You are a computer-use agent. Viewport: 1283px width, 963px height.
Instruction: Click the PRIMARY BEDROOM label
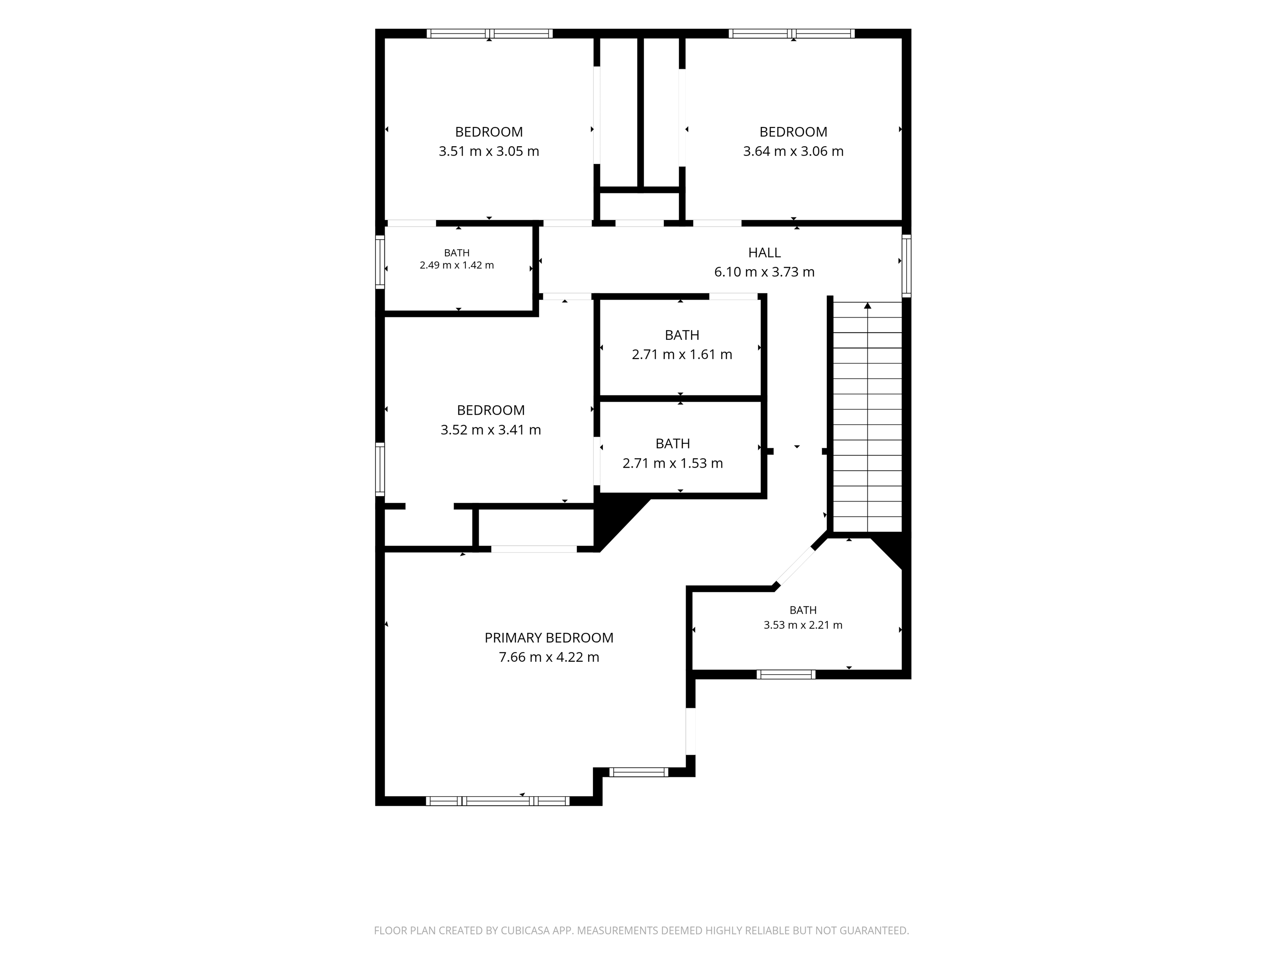(549, 637)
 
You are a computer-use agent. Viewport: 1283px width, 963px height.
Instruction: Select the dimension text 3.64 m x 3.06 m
(793, 151)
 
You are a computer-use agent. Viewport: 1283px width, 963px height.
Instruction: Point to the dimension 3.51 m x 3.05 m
(488, 151)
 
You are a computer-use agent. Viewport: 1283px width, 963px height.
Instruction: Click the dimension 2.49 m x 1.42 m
(457, 265)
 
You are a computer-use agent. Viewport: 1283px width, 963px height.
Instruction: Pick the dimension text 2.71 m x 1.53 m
(672, 464)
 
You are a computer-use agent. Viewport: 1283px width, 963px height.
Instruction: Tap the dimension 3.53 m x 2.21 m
(803, 625)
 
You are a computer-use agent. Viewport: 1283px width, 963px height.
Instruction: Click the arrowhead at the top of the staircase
(868, 305)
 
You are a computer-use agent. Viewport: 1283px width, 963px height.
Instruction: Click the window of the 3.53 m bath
(786, 674)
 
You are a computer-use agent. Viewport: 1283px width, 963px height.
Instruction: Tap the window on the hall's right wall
(907, 266)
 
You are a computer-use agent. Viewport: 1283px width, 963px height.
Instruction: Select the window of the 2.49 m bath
(380, 262)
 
